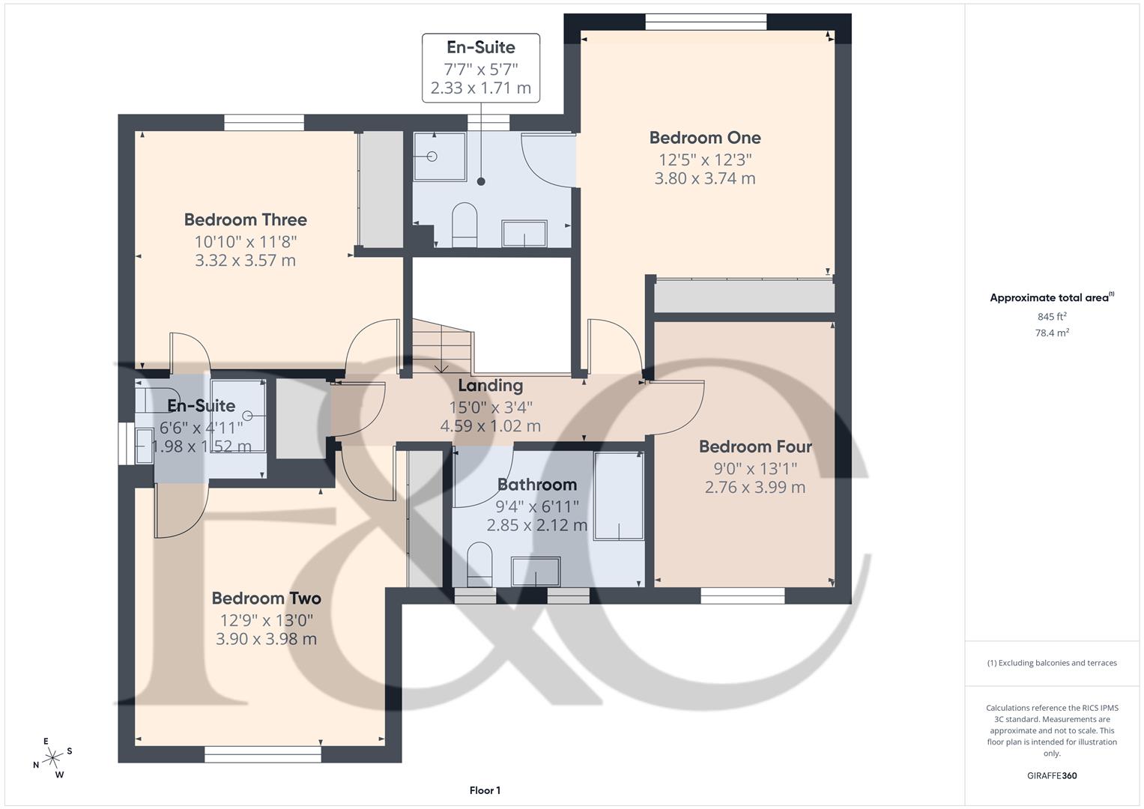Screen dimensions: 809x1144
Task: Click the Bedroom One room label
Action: [x=704, y=138]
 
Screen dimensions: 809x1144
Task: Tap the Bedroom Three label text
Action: [x=245, y=219]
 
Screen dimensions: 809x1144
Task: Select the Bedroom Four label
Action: [x=755, y=446]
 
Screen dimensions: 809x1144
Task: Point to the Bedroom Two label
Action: [x=266, y=599]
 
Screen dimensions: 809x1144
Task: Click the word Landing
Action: [x=490, y=386]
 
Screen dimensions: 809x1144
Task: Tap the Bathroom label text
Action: [x=536, y=485]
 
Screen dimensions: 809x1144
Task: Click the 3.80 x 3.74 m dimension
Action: [x=704, y=178]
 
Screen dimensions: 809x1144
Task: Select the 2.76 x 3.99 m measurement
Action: [x=755, y=487]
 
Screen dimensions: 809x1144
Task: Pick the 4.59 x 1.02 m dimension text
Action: [x=490, y=426]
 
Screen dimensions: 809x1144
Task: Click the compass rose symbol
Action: [x=52, y=758]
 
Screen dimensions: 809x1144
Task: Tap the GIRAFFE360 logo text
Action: [x=1051, y=775]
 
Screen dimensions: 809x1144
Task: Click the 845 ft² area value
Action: [x=1051, y=317]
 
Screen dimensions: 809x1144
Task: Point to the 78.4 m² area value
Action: [x=1051, y=333]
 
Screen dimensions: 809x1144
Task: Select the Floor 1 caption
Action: [x=485, y=790]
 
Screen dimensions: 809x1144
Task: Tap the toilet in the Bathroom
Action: [x=478, y=563]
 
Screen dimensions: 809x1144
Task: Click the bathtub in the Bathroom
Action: [x=619, y=495]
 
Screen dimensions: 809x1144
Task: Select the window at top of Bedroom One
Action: [x=706, y=22]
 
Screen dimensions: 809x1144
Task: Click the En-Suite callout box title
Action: [x=480, y=47]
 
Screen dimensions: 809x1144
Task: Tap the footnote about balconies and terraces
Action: [x=1051, y=663]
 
